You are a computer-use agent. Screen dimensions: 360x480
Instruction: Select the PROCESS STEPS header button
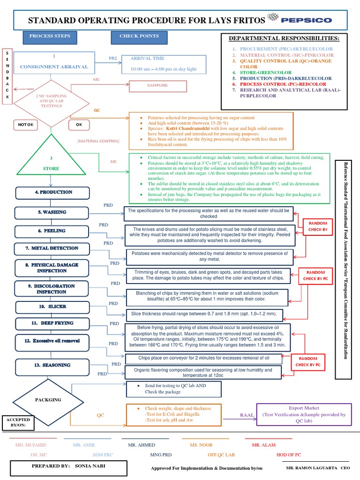click(x=50, y=37)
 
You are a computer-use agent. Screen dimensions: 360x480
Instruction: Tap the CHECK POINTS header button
click(x=139, y=37)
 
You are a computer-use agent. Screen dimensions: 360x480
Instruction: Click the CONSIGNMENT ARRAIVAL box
click(x=54, y=63)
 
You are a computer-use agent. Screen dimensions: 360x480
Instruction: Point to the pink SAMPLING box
click(x=157, y=86)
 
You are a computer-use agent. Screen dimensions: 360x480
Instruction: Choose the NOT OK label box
click(x=26, y=125)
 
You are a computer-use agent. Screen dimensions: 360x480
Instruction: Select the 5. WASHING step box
click(x=52, y=213)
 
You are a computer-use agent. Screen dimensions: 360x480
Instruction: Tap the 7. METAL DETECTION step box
click(x=52, y=248)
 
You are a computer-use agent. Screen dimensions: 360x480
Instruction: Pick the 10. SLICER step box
click(x=52, y=307)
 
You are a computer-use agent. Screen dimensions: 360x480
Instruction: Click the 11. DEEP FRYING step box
click(x=52, y=323)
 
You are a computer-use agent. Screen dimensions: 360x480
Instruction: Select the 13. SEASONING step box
click(x=52, y=367)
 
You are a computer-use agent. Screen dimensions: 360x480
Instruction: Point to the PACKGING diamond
click(x=48, y=402)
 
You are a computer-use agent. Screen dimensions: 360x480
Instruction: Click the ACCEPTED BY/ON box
click(x=18, y=423)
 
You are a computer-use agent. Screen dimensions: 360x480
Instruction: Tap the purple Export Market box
click(x=304, y=414)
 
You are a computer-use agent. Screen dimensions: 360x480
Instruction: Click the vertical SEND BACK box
click(x=7, y=76)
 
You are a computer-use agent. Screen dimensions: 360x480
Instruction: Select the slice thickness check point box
click(x=204, y=315)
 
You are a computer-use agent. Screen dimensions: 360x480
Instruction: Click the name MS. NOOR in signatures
click(x=201, y=445)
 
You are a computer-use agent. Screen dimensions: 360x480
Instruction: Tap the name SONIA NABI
click(x=90, y=466)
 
